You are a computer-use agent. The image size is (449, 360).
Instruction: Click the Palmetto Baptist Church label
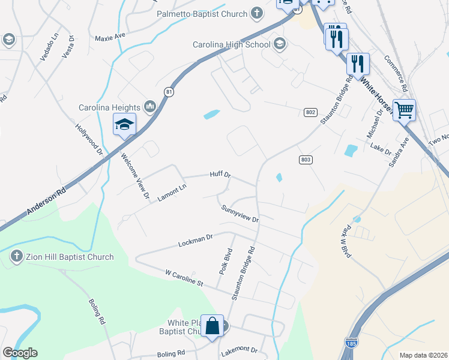[x=202, y=14]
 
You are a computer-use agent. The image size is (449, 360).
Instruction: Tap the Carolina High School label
[x=232, y=44]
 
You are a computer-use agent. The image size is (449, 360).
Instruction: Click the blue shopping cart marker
[x=405, y=110]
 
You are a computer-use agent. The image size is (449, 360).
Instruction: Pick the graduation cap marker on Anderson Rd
[x=124, y=124]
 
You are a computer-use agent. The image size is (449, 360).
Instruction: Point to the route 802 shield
[x=310, y=112]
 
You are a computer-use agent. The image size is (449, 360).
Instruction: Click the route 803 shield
[x=305, y=159]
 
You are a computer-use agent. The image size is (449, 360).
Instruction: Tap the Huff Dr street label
[x=220, y=175]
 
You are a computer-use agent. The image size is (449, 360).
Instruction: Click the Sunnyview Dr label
[x=240, y=214]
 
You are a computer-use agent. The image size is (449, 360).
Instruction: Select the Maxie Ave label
[x=110, y=37]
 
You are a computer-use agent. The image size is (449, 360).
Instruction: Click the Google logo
[x=20, y=353]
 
